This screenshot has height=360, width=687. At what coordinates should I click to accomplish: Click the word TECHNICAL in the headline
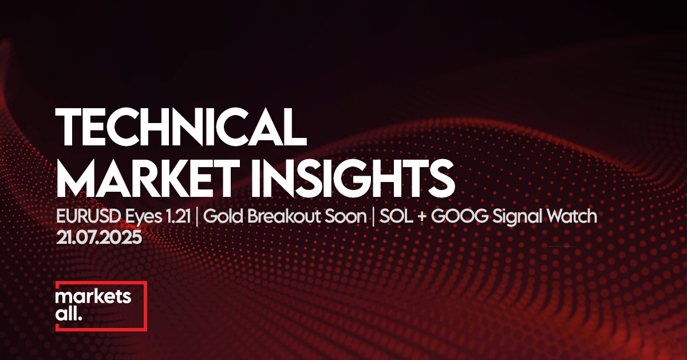point(181,126)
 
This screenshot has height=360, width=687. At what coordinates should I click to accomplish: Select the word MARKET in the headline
point(148,178)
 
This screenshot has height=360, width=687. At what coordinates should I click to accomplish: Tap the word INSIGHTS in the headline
point(353,178)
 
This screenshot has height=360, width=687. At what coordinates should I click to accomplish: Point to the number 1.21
point(178,216)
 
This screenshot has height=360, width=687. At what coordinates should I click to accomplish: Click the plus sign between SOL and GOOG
point(422,217)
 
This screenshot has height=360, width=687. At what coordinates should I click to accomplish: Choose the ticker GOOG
point(459,216)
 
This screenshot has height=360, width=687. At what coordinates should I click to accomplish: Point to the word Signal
point(515,217)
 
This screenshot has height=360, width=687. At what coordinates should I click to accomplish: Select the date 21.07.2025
point(99,238)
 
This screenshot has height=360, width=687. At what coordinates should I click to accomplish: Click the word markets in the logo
point(93,296)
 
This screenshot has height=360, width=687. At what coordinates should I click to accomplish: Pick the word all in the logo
point(66,314)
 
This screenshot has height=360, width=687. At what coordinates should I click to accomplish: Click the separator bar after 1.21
point(196,217)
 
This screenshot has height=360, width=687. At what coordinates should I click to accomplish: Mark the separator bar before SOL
point(373,217)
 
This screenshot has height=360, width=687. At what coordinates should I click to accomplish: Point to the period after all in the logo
point(80,318)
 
